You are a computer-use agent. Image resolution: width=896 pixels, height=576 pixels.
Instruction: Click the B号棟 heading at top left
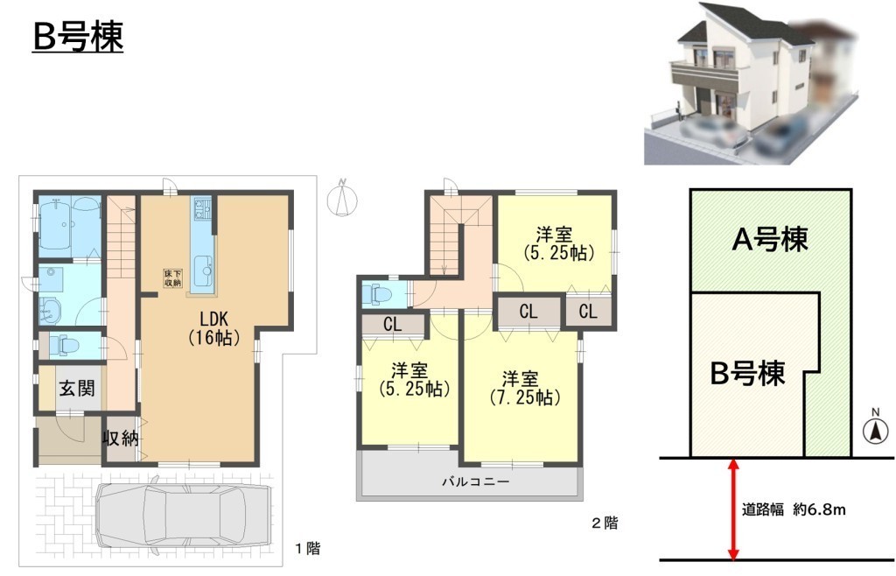pos(78,37)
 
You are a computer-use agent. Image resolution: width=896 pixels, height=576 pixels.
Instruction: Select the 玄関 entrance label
pos(77,389)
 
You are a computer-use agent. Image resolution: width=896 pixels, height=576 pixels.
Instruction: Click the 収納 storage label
pos(121,439)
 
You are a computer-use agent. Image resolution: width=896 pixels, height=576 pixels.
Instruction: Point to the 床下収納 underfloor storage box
pos(172,277)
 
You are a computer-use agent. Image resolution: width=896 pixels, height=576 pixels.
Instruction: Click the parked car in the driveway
pos(182,515)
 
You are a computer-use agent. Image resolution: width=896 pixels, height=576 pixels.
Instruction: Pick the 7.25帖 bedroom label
pos(524,388)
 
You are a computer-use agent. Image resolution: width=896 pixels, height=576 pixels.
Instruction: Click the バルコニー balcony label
pos(475,482)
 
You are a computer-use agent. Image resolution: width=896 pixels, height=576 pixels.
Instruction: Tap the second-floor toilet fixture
pos(381,294)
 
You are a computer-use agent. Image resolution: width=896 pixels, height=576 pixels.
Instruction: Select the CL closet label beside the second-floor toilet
pos(392,325)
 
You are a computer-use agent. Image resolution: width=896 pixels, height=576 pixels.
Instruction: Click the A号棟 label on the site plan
pos(770,240)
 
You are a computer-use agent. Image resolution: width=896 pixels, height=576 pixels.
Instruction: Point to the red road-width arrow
pos(732,509)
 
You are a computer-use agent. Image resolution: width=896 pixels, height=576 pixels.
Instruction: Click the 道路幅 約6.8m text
pos(793,509)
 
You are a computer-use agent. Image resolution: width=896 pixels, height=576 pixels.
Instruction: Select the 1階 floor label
pos(307,549)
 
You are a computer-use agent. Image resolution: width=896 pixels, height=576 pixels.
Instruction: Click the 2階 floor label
pos(604,523)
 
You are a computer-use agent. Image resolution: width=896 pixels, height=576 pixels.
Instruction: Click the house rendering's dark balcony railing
pos(708,74)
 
